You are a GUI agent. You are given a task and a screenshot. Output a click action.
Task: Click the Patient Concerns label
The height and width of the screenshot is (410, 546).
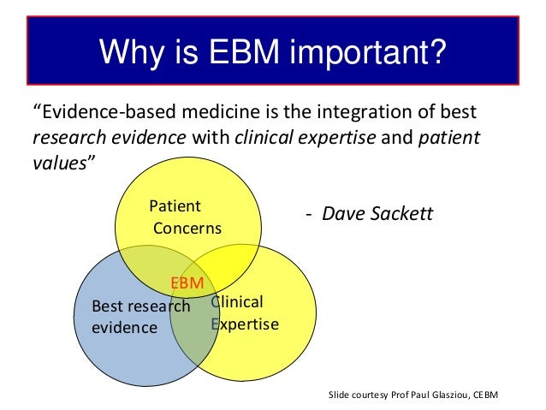coord(184,217)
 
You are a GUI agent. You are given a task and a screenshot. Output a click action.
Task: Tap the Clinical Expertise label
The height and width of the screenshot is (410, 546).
coord(245,313)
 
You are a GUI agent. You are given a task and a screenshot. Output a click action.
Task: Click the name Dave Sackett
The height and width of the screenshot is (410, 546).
coord(377,212)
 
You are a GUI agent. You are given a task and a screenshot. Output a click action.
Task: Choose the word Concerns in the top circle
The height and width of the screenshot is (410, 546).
coord(187,229)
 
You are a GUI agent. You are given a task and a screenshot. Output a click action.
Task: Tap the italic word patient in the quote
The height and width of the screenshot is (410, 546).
coord(449,139)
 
